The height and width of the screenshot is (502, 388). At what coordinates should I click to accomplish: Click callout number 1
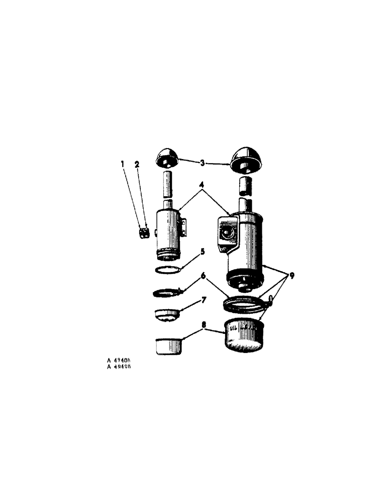click(x=123, y=164)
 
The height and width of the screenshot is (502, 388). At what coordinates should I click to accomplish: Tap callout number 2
click(x=137, y=164)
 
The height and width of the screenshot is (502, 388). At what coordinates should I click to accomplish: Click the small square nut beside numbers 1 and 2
click(x=144, y=232)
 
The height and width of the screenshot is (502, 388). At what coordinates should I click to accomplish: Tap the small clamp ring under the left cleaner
click(x=166, y=292)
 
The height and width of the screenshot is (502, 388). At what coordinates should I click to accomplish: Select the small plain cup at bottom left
click(x=168, y=346)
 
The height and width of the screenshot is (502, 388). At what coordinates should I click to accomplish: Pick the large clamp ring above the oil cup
click(x=245, y=304)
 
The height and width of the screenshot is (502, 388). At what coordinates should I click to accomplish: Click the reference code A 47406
click(x=122, y=360)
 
